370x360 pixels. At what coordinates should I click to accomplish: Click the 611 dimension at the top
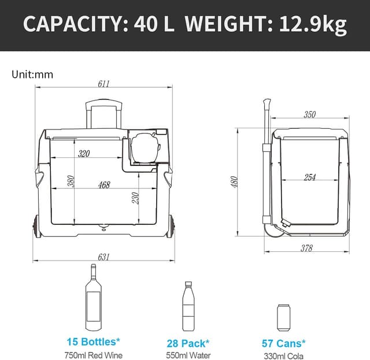point(103,83)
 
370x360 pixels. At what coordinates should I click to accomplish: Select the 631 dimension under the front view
point(103,257)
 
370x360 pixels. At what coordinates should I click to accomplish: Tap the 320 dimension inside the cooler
point(84,153)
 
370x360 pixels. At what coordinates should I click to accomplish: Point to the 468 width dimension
point(104,185)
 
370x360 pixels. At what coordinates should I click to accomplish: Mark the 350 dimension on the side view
point(310,114)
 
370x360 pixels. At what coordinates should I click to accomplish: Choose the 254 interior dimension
point(309,177)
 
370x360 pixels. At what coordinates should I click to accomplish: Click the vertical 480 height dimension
point(234,181)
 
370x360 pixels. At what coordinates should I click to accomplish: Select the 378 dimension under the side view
point(306,248)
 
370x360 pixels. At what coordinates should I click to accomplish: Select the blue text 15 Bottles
point(92,343)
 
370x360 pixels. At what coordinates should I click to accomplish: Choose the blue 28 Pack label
point(188,343)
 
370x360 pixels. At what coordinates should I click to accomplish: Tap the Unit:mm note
point(32,74)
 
